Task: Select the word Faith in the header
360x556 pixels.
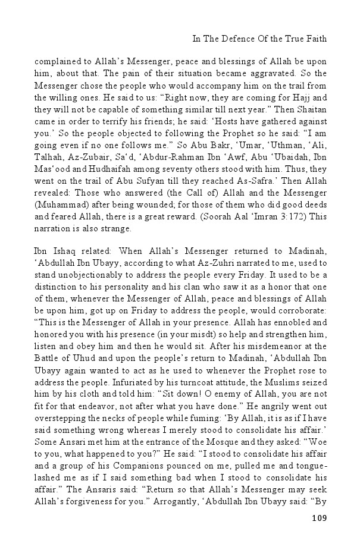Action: pyautogui.click(x=315, y=40)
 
